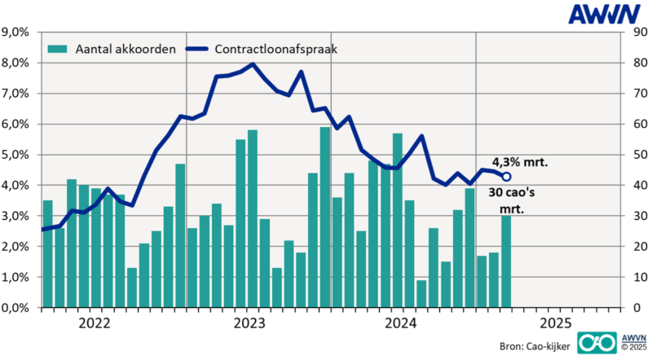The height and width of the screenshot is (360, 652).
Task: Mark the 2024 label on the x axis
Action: pos(403,323)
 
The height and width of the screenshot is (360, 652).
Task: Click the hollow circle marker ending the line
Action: pos(506,177)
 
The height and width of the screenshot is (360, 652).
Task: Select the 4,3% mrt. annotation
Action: pos(520,162)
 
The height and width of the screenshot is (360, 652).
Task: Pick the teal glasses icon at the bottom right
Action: pos(596,343)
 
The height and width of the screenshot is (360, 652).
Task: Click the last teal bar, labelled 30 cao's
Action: pos(506,261)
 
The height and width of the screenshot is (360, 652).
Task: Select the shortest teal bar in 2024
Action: pos(421,293)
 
